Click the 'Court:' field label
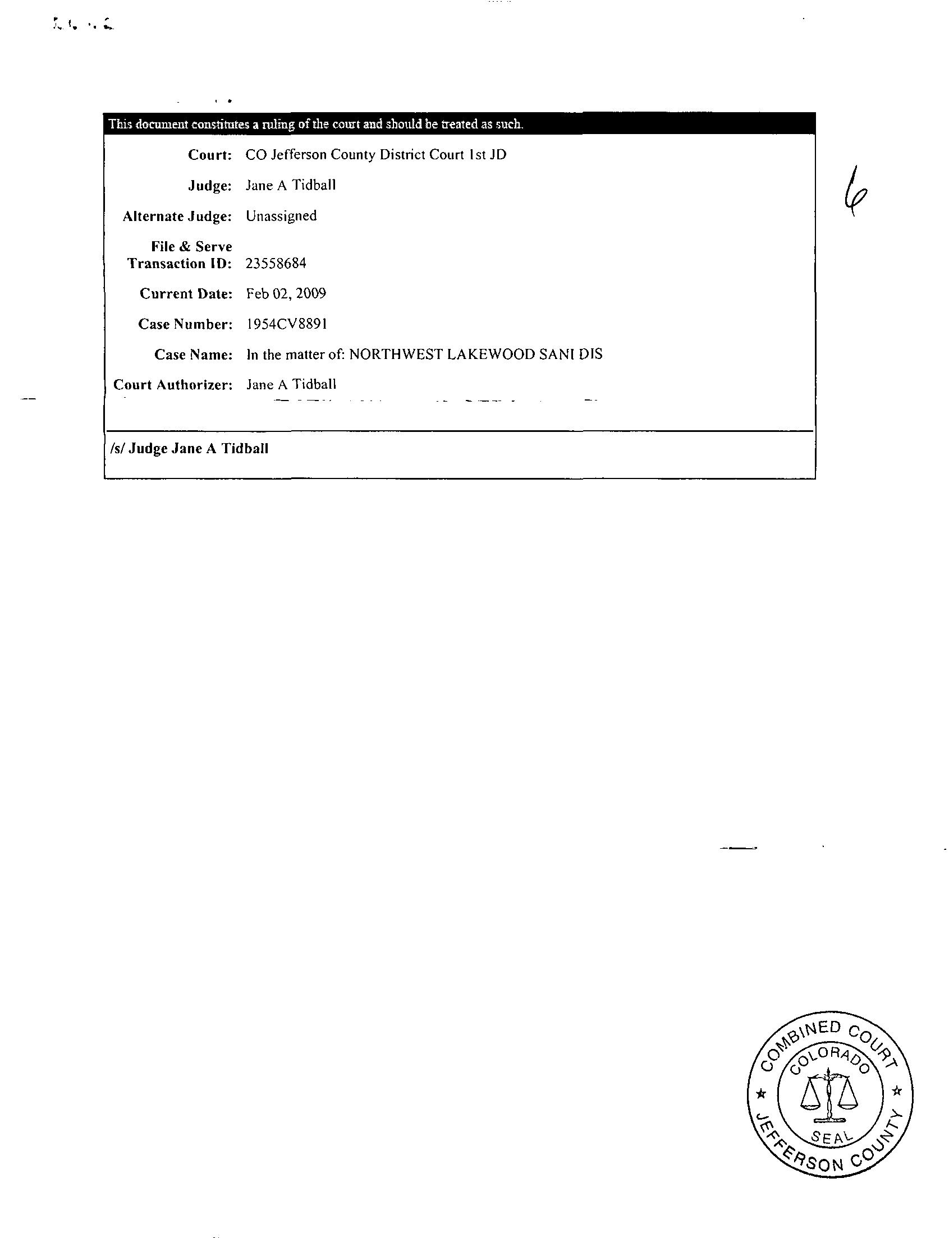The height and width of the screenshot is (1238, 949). (209, 155)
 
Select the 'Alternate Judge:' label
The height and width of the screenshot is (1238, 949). (177, 216)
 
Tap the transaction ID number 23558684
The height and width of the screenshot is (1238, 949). (276, 264)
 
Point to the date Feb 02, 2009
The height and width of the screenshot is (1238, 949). (286, 293)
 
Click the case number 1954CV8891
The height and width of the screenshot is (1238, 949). (287, 324)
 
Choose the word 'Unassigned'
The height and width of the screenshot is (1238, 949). (281, 215)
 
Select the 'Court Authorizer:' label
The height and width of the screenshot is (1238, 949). (173, 385)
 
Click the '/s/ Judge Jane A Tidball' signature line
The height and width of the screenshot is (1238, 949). (190, 449)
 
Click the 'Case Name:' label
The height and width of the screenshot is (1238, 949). (193, 355)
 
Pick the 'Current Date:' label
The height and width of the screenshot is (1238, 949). (186, 293)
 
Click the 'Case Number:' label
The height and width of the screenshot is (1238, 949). (185, 324)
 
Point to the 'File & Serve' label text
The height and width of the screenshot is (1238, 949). (191, 247)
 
